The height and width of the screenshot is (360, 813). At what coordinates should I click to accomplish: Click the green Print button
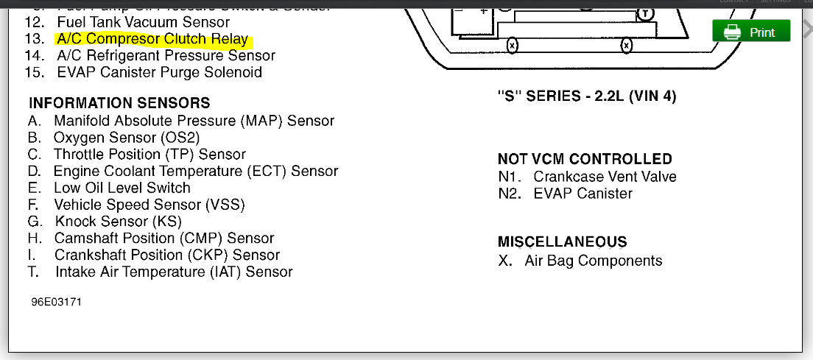[x=751, y=32]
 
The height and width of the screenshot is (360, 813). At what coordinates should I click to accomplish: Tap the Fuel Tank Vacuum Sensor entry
[x=144, y=22]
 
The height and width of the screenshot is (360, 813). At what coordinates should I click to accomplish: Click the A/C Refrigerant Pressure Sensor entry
[x=166, y=55]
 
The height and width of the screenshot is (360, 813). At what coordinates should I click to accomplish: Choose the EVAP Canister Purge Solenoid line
[x=159, y=72]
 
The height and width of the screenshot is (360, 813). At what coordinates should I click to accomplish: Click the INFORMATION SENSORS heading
[x=119, y=103]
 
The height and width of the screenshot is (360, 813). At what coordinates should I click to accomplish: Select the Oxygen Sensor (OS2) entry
[x=127, y=137]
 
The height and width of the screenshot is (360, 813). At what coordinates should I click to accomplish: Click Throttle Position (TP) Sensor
[x=149, y=154]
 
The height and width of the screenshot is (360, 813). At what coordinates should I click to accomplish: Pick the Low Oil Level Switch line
[x=122, y=188]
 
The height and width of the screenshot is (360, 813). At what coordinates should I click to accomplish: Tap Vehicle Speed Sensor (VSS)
[x=149, y=205]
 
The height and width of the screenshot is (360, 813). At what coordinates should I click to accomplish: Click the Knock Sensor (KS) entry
[x=118, y=222]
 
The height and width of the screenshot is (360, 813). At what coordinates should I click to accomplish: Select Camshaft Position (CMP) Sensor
[x=163, y=238]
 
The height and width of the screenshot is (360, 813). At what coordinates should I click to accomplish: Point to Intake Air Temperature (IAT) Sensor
[x=174, y=272]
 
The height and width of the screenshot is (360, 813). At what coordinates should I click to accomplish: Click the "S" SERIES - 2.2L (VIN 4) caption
[x=587, y=96]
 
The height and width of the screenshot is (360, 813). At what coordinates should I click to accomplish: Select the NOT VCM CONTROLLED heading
[x=585, y=159]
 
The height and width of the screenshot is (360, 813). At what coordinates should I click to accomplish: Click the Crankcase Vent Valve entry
[x=605, y=177]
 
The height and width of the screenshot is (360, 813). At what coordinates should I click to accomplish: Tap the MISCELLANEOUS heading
[x=563, y=241]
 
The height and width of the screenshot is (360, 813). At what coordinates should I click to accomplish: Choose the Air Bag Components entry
[x=594, y=261]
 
